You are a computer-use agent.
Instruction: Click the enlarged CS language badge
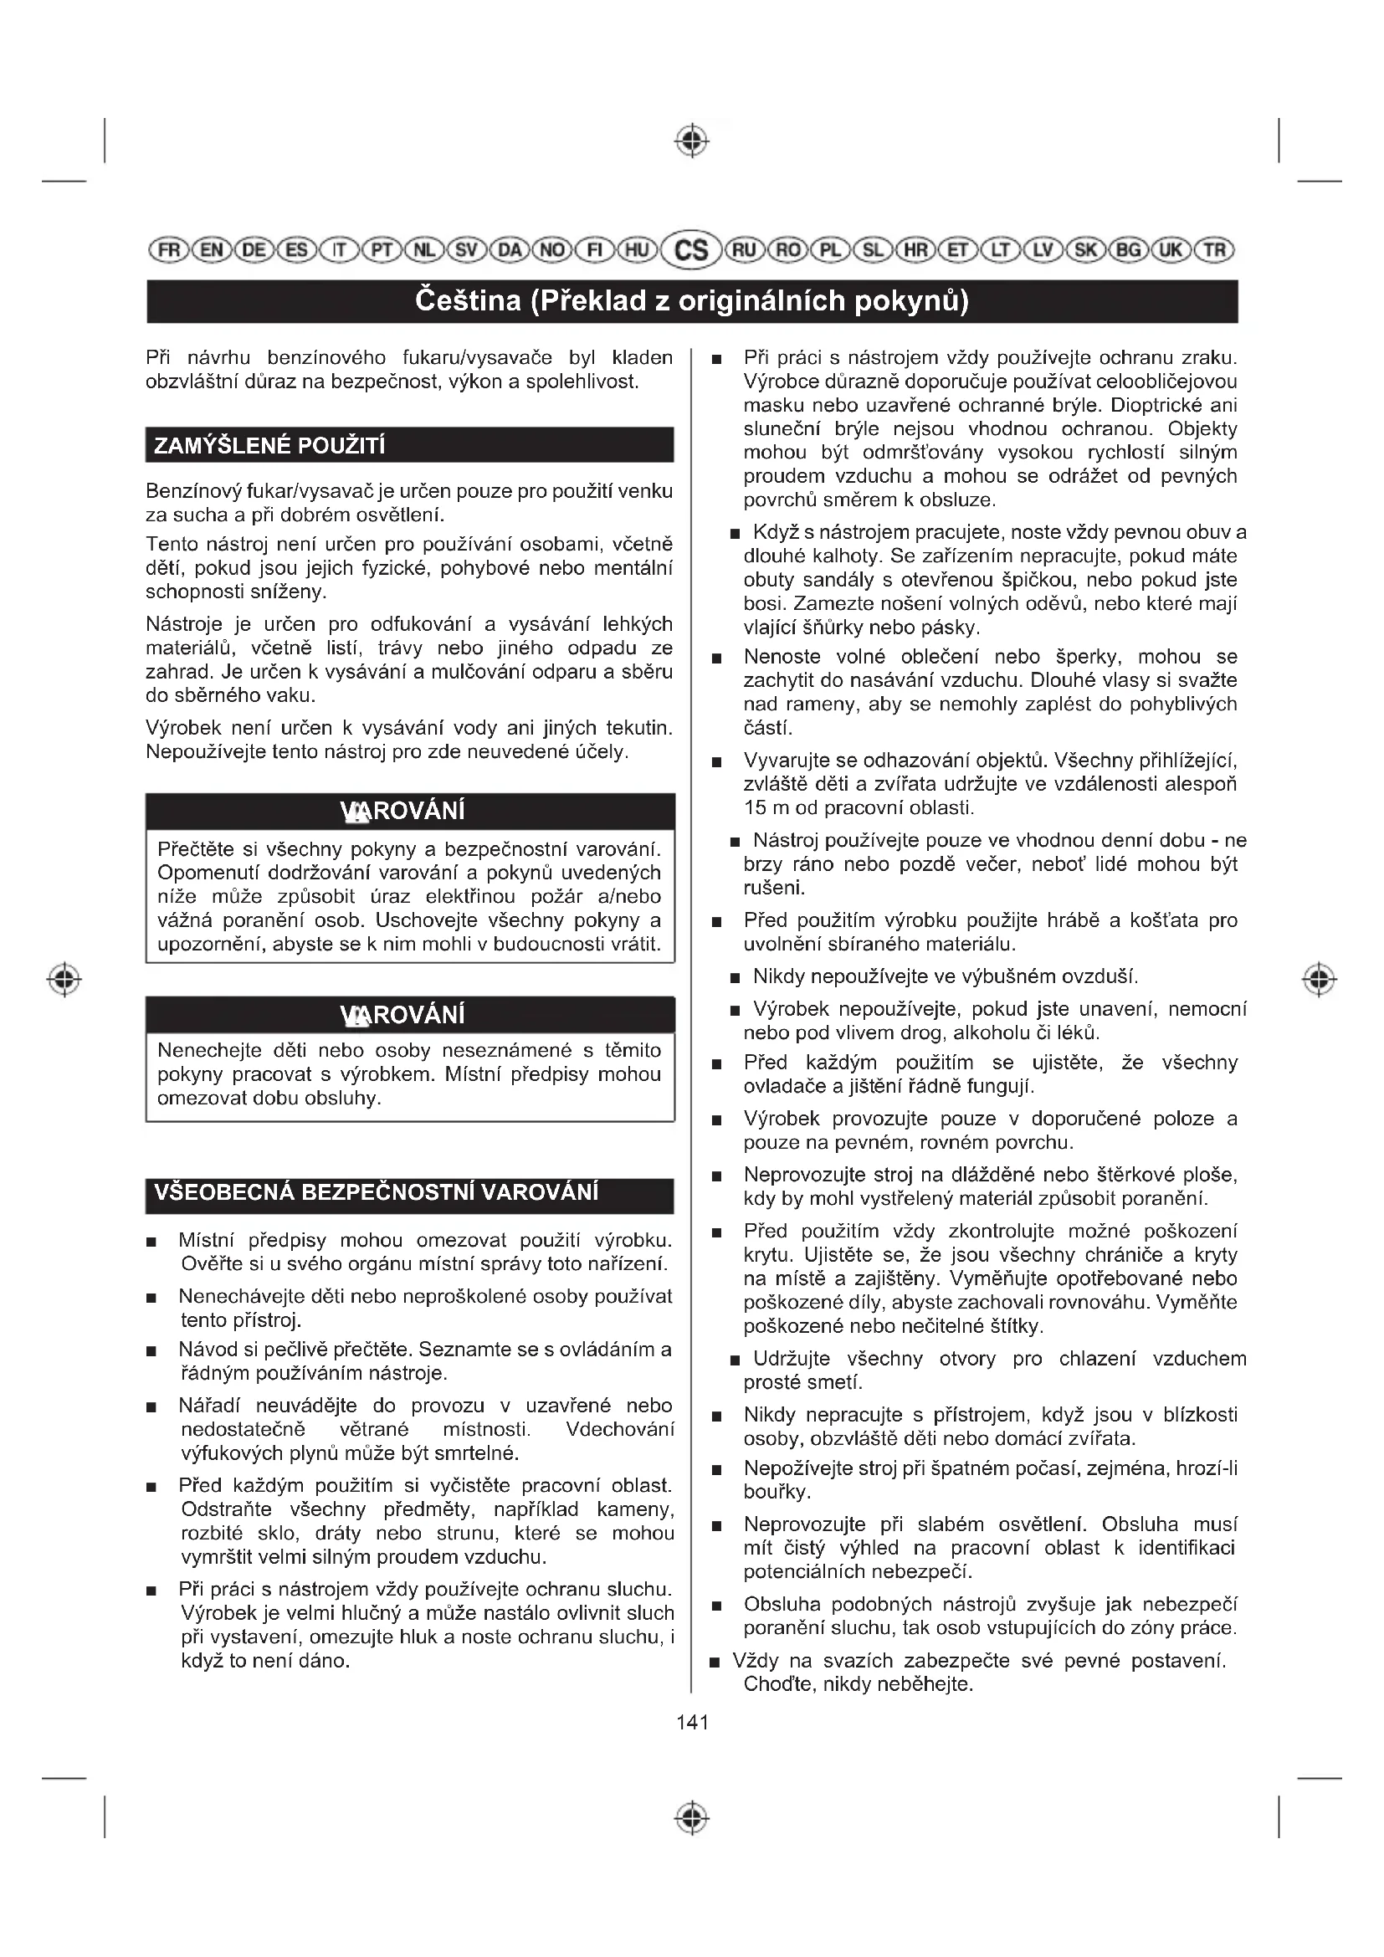pyautogui.click(x=691, y=249)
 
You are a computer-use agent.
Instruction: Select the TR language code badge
pyautogui.click(x=1214, y=249)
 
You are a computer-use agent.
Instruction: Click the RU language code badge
pyautogui.click(x=744, y=249)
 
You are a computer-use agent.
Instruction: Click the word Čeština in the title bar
pyautogui.click(x=467, y=301)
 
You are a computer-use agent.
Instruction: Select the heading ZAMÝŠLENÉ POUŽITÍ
pyautogui.click(x=269, y=446)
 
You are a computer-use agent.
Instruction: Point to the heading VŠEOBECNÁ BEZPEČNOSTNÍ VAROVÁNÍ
pyautogui.click(x=376, y=1191)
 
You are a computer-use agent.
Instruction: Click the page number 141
pyautogui.click(x=692, y=1722)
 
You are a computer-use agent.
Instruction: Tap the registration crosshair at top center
pyautogui.click(x=692, y=141)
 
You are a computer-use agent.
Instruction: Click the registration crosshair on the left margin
pyautogui.click(x=64, y=979)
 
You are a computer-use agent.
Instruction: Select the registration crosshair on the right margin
pyautogui.click(x=1319, y=979)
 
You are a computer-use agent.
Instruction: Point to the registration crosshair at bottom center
pyautogui.click(x=692, y=1818)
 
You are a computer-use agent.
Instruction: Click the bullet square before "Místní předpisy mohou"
pyautogui.click(x=151, y=1242)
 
